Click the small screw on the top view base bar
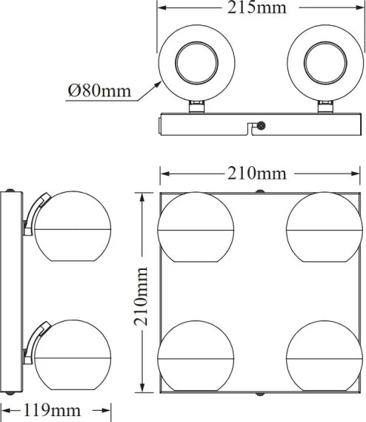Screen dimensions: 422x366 point(261,127)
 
